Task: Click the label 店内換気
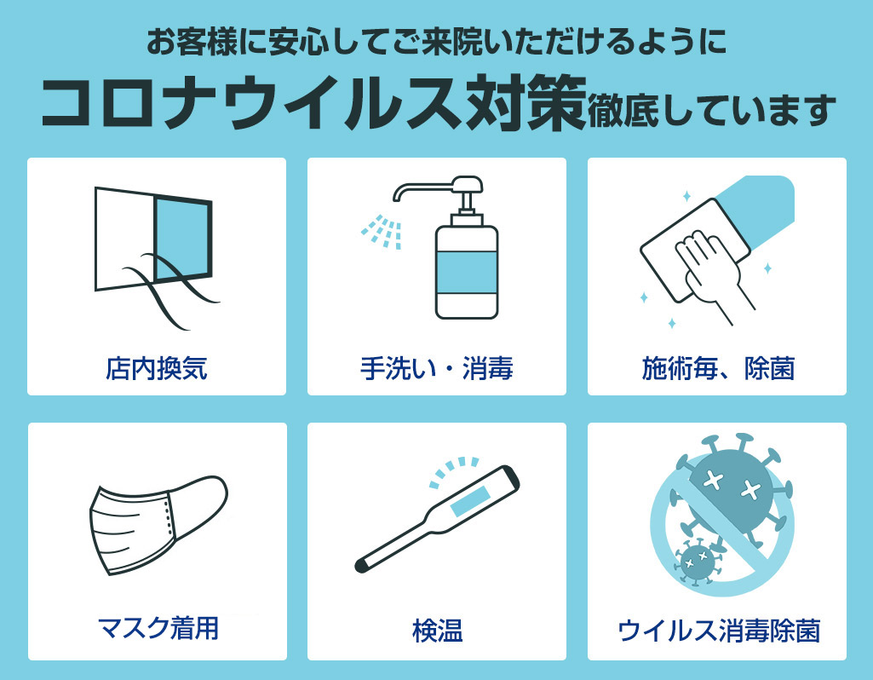coord(157,368)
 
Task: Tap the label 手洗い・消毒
coord(436,368)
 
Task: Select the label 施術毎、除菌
coord(718,368)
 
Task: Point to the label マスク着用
coord(158,628)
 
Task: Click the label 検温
coord(437,631)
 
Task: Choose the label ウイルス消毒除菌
coord(719,631)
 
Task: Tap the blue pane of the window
coord(182,239)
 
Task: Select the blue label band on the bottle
coord(467,272)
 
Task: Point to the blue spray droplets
coord(382,231)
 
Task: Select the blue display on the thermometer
coord(469,500)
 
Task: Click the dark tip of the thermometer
coord(363,565)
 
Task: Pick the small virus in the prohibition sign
coord(696,562)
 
